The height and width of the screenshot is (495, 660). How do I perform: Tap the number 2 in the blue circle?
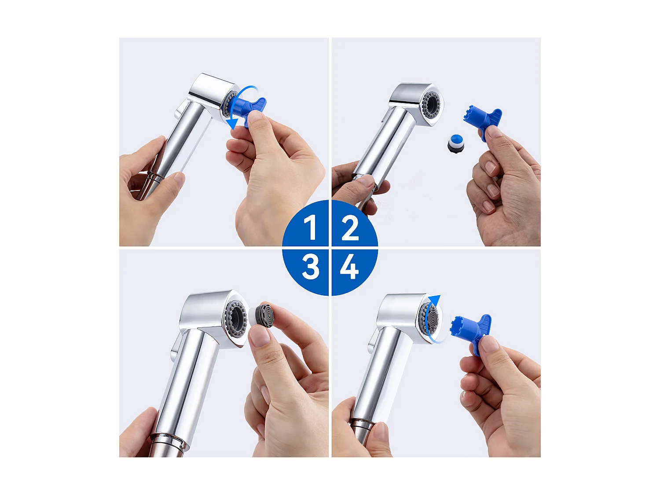click(350, 228)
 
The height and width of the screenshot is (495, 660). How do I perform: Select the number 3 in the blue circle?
click(310, 267)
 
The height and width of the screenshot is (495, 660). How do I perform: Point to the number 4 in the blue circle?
click(349, 267)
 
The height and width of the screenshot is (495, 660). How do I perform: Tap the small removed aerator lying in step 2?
click(456, 143)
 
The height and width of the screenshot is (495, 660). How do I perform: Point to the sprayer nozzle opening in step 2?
click(431, 104)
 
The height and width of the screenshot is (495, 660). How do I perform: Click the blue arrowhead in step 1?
click(231, 123)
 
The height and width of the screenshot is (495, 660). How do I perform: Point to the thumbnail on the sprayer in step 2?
click(365, 180)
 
